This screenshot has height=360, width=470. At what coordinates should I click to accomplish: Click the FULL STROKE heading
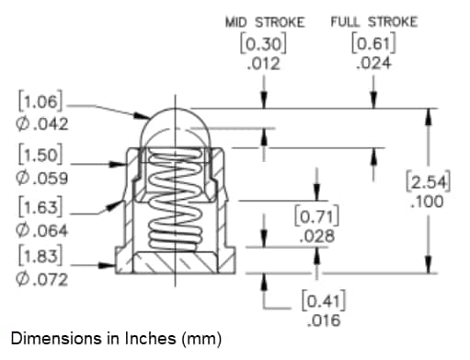click(373, 21)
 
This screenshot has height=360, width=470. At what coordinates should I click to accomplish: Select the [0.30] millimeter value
click(265, 42)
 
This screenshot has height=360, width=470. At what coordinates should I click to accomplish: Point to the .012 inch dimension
click(265, 64)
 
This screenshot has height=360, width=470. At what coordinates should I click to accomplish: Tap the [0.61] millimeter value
click(373, 42)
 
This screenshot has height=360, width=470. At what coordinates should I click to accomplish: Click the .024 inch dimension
click(373, 64)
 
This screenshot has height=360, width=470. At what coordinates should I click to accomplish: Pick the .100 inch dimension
click(430, 201)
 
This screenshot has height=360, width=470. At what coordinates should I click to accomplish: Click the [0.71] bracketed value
click(318, 217)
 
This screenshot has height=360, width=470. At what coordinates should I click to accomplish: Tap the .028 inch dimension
click(317, 237)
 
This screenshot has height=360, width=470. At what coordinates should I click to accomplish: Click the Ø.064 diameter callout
click(40, 228)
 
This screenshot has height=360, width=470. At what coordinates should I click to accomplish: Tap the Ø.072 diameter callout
click(40, 279)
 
